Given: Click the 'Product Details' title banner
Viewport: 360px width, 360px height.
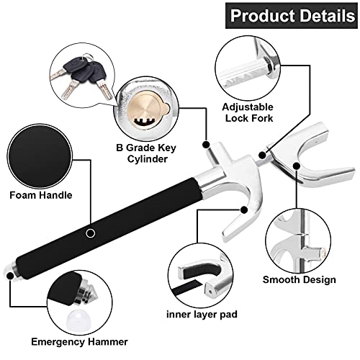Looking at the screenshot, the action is pyautogui.click(x=292, y=16).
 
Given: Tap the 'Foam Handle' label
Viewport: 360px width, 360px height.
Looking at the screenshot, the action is pyautogui.click(x=41, y=195).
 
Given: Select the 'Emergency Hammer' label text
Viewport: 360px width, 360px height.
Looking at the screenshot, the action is pyautogui.click(x=79, y=342).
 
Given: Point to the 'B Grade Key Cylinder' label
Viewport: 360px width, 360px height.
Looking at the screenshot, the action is pyautogui.click(x=146, y=153).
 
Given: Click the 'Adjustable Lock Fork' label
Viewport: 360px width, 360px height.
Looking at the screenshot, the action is pyautogui.click(x=248, y=112).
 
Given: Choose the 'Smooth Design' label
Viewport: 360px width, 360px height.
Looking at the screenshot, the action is pyautogui.click(x=299, y=280).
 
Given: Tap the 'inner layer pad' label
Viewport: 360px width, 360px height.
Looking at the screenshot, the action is pyautogui.click(x=202, y=314).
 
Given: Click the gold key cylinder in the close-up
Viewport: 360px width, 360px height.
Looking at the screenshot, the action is pyautogui.click(x=148, y=112).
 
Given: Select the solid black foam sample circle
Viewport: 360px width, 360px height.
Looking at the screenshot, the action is pyautogui.click(x=40, y=156).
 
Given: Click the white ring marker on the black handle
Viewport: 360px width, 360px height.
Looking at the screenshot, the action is pyautogui.click(x=91, y=233).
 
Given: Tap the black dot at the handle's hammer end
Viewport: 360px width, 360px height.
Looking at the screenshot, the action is pyautogui.click(x=10, y=276).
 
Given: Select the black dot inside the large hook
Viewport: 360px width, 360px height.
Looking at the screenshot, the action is pyautogui.click(x=244, y=210).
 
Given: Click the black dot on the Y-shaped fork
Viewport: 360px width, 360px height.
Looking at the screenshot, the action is pyautogui.click(x=297, y=166).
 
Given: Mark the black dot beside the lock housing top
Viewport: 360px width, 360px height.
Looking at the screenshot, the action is pyautogui.click(x=206, y=145).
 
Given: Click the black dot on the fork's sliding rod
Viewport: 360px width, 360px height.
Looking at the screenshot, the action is pyautogui.click(x=263, y=156).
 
